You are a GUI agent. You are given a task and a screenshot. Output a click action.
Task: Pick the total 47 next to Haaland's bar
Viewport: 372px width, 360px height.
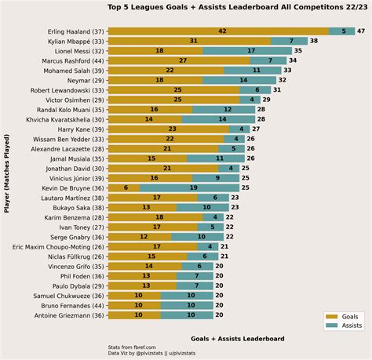pos(360,31)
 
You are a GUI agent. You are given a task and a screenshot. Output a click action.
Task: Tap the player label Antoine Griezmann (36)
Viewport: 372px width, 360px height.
pos(67,316)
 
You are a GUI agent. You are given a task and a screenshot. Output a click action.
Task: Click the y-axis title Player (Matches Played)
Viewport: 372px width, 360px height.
pos(7,173)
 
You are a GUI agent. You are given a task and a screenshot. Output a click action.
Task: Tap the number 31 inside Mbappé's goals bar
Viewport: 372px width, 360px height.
pos(193,40)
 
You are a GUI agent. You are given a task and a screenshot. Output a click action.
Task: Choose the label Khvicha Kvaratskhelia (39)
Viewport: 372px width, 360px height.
pos(61,119)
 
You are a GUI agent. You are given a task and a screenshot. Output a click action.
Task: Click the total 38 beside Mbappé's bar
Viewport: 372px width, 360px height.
pos(313,40)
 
